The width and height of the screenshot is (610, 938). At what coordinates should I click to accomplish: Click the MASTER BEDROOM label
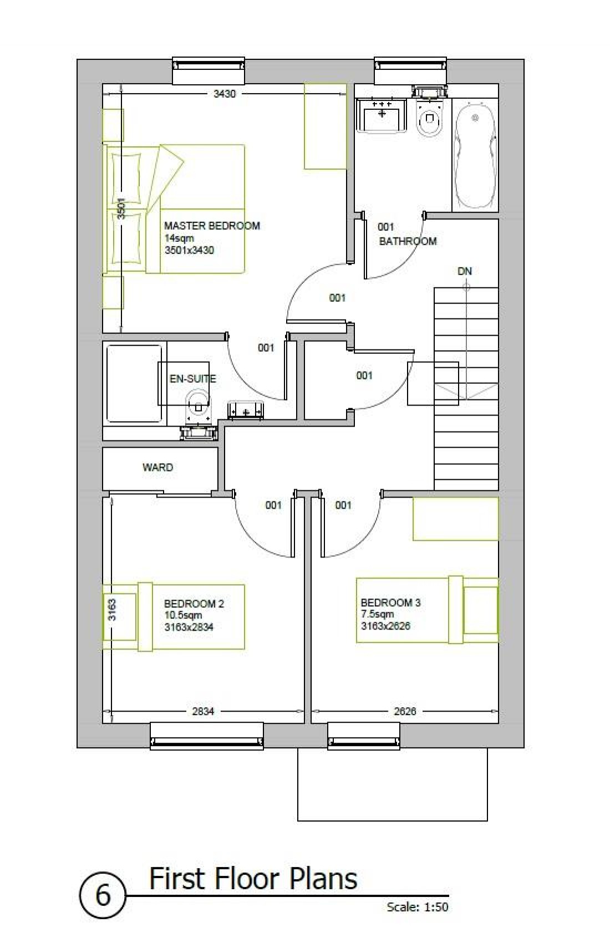click(x=212, y=226)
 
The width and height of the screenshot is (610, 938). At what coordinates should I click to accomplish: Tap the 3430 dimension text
click(x=225, y=94)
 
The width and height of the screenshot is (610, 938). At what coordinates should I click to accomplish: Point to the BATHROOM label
click(x=408, y=241)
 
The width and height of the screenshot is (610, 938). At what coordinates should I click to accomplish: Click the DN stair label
click(x=465, y=271)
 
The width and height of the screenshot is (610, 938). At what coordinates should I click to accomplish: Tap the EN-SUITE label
click(x=192, y=379)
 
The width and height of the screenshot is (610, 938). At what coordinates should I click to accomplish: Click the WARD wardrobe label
click(x=157, y=467)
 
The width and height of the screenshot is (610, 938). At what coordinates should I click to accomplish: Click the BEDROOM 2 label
click(x=194, y=604)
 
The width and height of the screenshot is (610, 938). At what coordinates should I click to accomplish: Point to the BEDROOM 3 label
click(x=390, y=602)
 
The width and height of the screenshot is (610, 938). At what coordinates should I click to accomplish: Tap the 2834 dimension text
click(x=203, y=711)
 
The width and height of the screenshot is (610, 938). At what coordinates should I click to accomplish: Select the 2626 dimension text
click(x=405, y=711)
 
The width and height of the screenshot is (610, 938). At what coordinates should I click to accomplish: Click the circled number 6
click(x=103, y=895)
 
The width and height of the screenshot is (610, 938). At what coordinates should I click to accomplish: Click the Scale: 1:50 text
click(x=417, y=907)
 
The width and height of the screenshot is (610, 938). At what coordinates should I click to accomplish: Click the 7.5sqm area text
click(x=377, y=614)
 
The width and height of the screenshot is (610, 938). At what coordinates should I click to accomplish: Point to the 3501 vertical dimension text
click(x=121, y=209)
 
